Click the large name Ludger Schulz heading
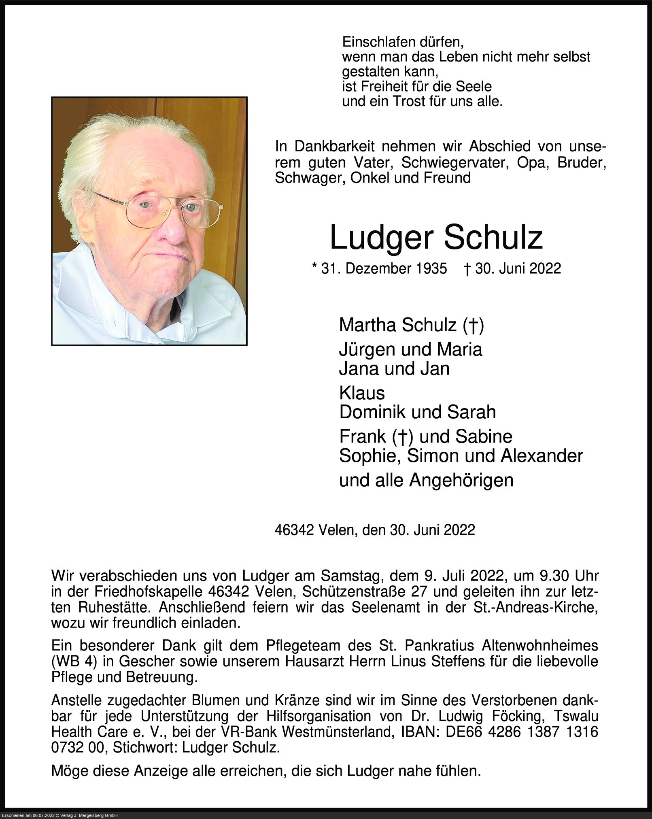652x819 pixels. click(436, 238)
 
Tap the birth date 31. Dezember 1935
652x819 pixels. click(384, 268)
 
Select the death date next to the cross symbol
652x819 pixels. click(518, 268)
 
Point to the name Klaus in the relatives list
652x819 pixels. click(362, 393)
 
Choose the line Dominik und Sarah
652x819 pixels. click(417, 412)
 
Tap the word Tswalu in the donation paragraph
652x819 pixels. click(576, 716)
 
